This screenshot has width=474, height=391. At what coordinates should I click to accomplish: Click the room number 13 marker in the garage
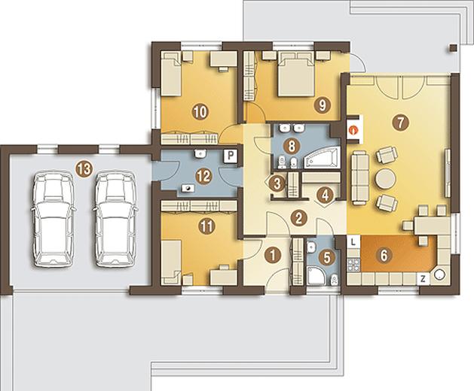[x=84, y=169]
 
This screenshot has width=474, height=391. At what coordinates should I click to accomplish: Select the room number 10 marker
[x=200, y=113]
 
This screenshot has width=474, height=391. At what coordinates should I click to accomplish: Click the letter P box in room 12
[x=231, y=156]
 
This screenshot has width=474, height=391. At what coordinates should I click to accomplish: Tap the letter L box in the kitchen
[x=353, y=241]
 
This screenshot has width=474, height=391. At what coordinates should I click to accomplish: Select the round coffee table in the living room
[x=385, y=179]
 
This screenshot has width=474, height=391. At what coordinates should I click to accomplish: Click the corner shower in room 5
[x=317, y=275]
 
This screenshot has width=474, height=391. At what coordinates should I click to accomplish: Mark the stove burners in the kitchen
[x=353, y=265]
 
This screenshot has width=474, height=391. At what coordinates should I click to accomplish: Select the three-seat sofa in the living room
[x=360, y=179]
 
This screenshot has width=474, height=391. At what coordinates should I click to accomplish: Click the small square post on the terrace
[x=453, y=49]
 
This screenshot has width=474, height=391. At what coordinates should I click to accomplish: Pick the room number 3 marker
[x=277, y=183]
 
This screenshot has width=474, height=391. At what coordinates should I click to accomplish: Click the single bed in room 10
[x=171, y=74]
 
